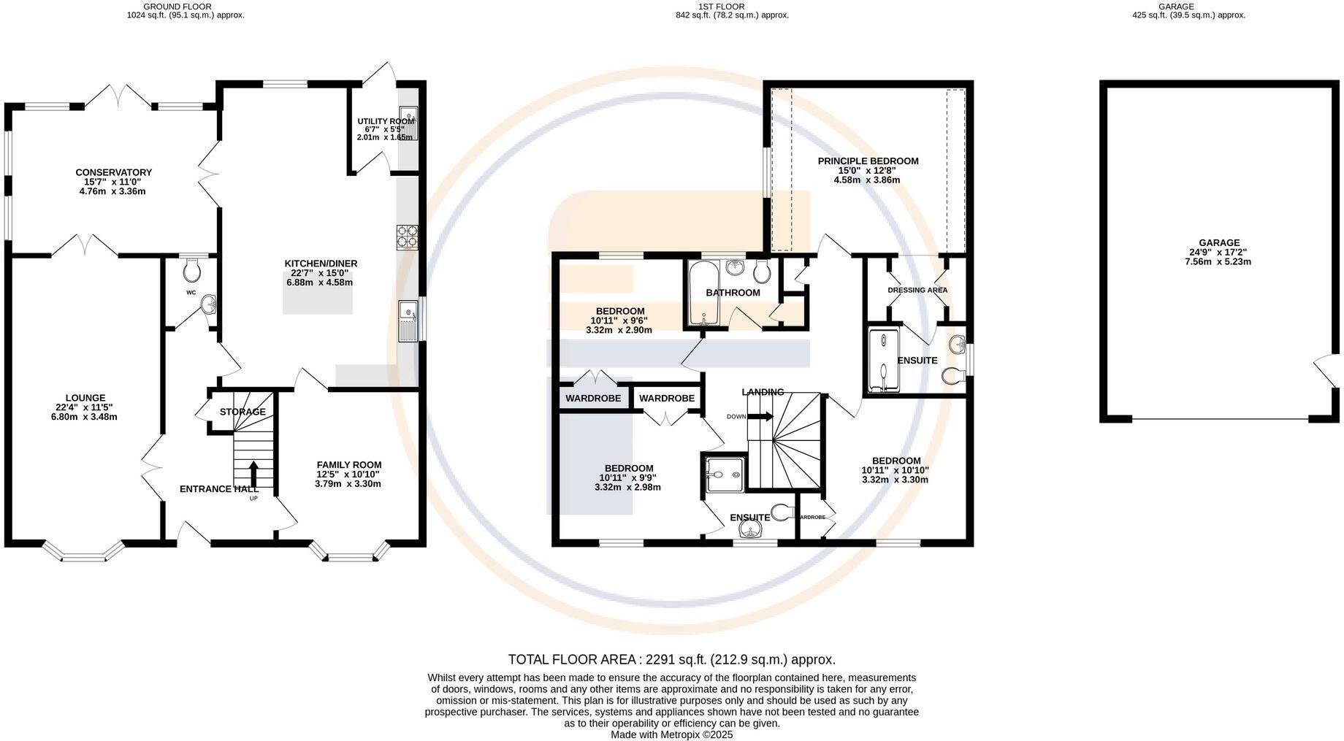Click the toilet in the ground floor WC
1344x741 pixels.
click(193, 270)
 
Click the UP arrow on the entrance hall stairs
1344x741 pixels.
click(254, 475)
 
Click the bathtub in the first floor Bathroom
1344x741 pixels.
click(703, 293)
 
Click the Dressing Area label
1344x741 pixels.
click(917, 291)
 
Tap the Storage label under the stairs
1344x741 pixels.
click(243, 412)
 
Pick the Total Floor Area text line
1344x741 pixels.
click(672, 660)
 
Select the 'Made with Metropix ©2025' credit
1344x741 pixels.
click(672, 735)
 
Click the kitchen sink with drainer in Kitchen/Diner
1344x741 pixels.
click(408, 321)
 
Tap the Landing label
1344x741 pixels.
click(763, 392)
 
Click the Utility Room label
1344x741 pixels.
click(386, 122)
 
